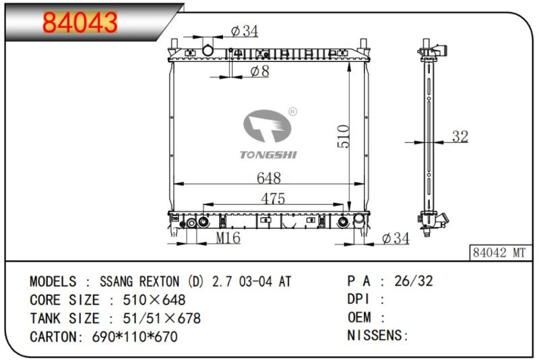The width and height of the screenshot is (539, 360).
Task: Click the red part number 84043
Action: click(80, 22)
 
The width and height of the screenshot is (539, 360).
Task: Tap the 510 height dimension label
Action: click(344, 136)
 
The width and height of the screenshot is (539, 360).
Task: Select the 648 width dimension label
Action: click(269, 178)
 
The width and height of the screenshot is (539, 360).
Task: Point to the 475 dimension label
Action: click(273, 198)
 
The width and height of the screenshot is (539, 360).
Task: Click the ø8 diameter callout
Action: click(260, 71)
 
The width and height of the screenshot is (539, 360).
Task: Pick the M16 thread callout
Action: click(228, 237)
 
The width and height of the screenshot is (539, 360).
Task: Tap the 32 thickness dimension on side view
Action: click(460, 136)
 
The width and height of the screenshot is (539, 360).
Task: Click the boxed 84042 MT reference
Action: click(499, 253)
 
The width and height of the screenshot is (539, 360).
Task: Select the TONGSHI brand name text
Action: click(268, 155)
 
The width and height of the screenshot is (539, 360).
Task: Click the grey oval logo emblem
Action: click(267, 126)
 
